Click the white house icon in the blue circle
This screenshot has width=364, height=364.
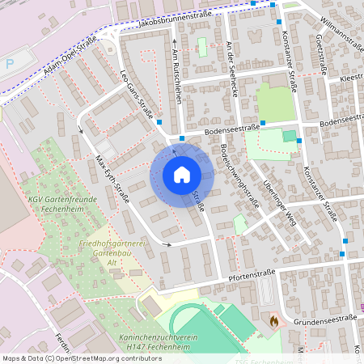(x=181, y=175)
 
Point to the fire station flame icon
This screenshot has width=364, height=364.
(x=273, y=321)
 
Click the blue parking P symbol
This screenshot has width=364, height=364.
(x=9, y=63)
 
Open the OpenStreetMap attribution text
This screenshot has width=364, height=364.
(x=82, y=358)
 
